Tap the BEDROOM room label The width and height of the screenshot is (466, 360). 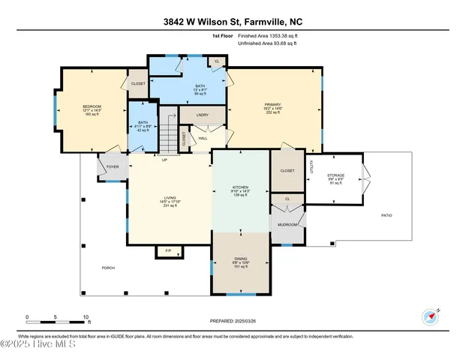click(92, 106)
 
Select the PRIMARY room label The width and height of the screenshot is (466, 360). click(272, 105)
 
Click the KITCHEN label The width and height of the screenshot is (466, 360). click(240, 187)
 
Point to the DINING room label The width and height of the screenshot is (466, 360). click(240, 259)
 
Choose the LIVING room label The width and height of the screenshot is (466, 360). click(170, 198)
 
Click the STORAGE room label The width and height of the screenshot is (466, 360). click(335, 175)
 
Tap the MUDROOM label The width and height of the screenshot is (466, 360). click(287, 223)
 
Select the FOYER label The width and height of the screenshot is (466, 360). click(112, 168)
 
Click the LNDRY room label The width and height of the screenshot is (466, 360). click(203, 115)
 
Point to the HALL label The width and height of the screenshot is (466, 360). click(203, 137)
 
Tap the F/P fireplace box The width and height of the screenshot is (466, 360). click(168, 251)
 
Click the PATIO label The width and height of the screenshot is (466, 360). click(386, 215)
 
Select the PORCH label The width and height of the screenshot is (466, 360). click(109, 268)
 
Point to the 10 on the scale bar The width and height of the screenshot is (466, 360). click(86, 316)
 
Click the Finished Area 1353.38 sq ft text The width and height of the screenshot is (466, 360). click(268, 35)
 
